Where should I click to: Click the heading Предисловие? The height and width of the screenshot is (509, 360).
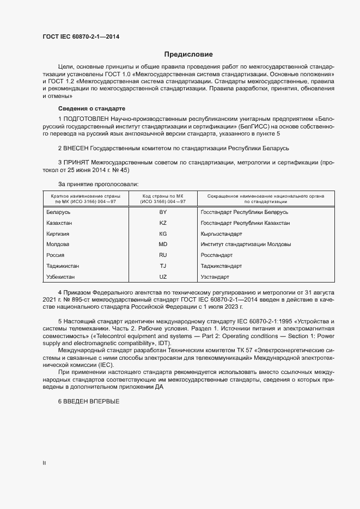pos(188,54)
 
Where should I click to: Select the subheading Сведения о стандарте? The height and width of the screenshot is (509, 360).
pos(91,108)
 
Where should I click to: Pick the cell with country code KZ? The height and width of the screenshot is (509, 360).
pos(163,223)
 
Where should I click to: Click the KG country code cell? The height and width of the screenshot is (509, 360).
pos(163,234)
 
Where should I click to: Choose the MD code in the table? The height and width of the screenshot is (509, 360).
pos(163,244)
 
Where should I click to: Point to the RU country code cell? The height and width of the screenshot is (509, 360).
pos(163,255)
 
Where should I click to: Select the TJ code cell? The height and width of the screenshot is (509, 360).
pos(163,266)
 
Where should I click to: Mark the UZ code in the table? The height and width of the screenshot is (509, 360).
pos(163,277)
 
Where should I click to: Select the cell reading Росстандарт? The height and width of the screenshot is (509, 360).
pos(216,255)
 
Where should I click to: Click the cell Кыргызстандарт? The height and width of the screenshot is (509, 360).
pos(221,234)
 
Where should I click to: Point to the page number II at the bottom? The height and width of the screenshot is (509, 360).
pos(44,463)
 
